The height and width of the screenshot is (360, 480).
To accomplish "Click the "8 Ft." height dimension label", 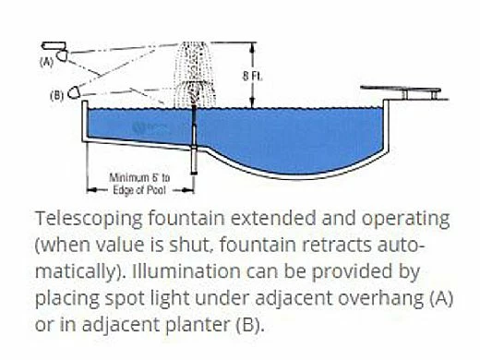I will pyautogui.click(x=261, y=76).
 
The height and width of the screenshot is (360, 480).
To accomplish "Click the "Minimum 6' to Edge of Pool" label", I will pyautogui.click(x=139, y=182).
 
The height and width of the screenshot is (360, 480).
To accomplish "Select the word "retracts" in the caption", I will pyautogui.click(x=349, y=246).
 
